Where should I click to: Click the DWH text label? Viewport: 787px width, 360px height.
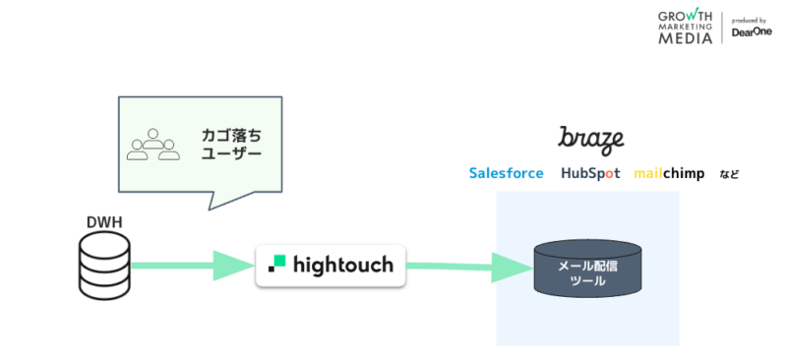pos(104,221)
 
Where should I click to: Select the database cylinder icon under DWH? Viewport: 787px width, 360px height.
pos(104,265)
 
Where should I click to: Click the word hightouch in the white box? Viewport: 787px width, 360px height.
pos(343,265)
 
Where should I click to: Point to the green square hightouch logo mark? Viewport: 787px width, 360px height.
pos(277,263)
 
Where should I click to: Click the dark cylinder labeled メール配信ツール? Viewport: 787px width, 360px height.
pos(588,270)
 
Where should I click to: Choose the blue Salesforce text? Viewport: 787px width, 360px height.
pos(506,173)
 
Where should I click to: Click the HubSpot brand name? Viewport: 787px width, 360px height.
pos(590,173)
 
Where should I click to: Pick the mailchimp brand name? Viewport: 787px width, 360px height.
pos(669,173)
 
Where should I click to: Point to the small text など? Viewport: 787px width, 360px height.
pos(729,174)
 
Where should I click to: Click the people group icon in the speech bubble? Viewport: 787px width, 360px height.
pos(153,144)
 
